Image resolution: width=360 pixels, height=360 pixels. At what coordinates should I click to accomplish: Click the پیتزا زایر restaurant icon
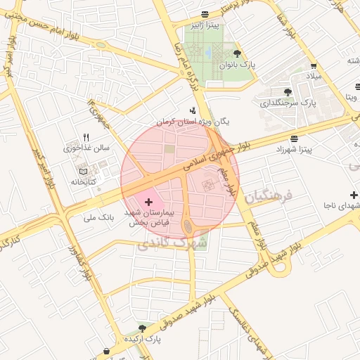(205, 14)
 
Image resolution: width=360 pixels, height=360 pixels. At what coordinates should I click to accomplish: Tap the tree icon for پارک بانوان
(236, 53)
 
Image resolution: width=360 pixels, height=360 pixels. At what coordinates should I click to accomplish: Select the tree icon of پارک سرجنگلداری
(287, 91)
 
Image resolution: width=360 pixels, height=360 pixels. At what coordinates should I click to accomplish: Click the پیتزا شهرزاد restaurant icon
(292, 138)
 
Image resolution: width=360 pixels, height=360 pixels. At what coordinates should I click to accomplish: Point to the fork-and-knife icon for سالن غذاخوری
(86, 137)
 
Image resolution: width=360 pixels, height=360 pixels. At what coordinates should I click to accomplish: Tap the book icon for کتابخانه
(83, 171)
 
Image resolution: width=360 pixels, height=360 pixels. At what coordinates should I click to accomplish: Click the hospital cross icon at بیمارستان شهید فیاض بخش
(148, 202)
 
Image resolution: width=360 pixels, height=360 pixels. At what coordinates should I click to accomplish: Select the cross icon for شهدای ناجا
(353, 194)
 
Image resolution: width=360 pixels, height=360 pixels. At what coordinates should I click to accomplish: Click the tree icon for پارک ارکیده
(143, 328)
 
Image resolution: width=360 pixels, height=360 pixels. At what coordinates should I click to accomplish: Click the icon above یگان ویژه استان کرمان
(193, 110)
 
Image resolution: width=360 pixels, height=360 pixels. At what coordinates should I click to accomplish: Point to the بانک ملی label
(98, 218)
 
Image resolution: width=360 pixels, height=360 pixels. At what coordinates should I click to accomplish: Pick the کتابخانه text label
(82, 182)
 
